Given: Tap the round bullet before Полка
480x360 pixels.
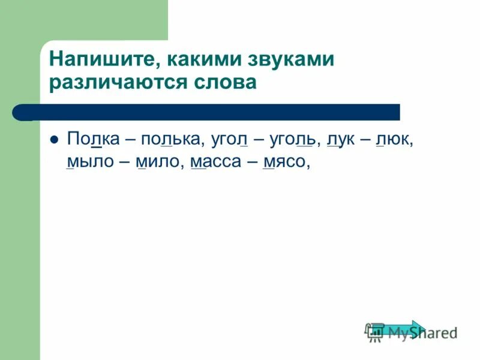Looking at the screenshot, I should pos(53,139).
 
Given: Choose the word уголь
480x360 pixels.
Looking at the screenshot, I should pos(292,140).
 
